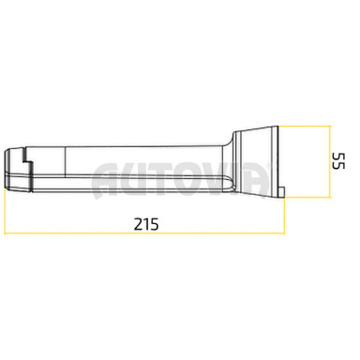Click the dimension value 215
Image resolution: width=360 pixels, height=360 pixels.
click(146, 224)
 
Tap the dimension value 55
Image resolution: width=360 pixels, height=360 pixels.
click(338, 160)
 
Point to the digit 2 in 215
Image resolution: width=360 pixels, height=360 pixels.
click(138, 224)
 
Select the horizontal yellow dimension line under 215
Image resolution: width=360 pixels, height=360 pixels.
click(144, 233)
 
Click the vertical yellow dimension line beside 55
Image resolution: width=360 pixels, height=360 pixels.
click(330, 161)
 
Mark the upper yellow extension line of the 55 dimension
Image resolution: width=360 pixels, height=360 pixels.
click(305, 126)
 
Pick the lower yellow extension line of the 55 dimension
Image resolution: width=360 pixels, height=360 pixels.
click(307, 197)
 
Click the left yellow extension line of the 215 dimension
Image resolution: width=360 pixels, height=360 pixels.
click(6, 211)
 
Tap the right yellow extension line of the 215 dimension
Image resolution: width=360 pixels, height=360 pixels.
click(284, 216)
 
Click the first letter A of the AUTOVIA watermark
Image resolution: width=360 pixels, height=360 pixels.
click(106, 180)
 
